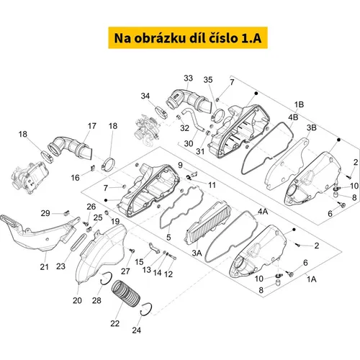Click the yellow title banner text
point(188,38)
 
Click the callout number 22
point(115,323)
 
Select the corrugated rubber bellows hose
point(126,294)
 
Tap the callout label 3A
point(197,253)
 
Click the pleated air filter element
point(208,222)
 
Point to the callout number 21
point(44,266)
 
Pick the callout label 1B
point(299,104)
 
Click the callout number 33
point(189,78)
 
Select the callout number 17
point(92,126)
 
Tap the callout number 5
point(168,238)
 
